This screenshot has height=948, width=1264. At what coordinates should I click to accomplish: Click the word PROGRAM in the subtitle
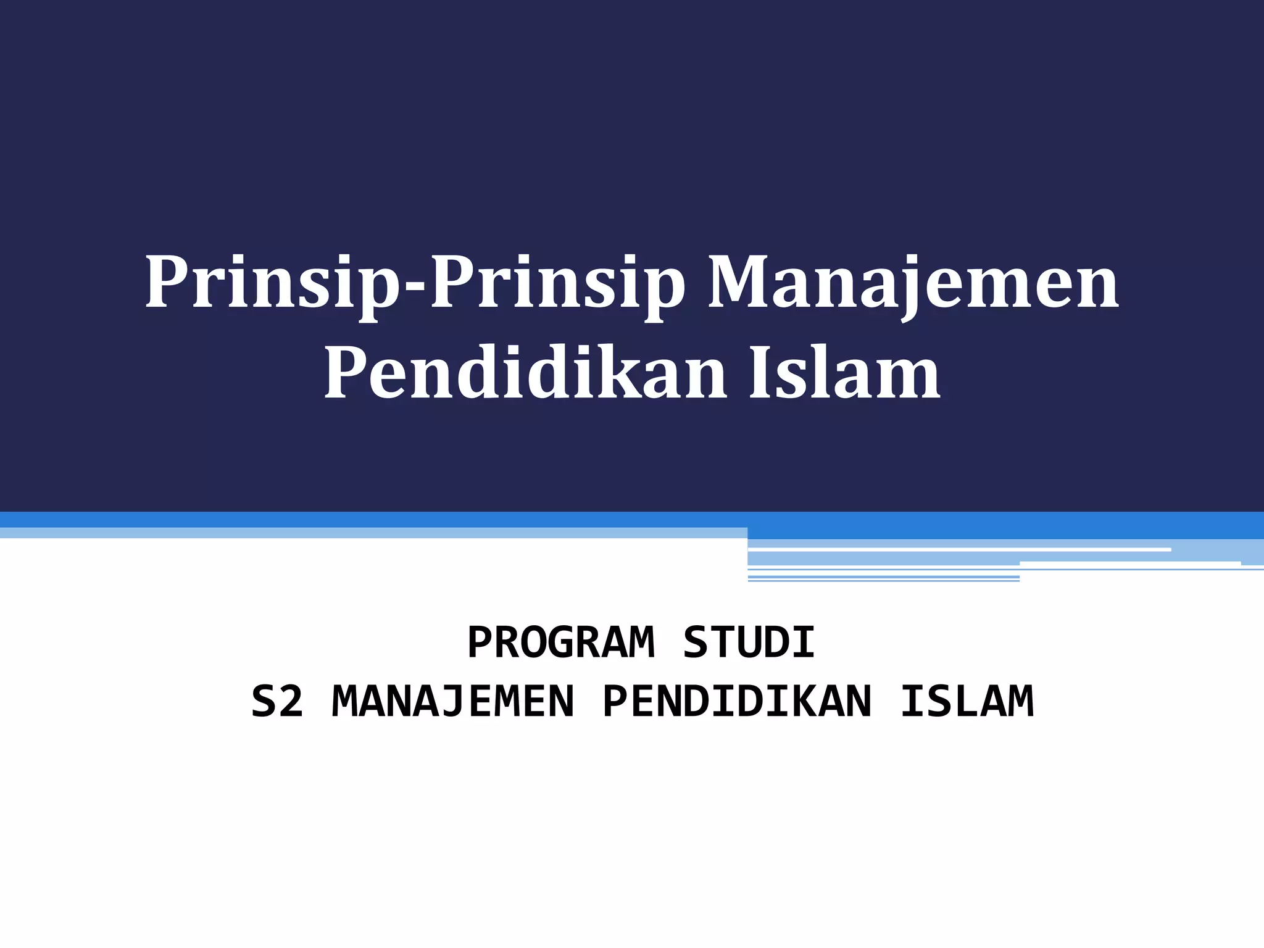[560, 642]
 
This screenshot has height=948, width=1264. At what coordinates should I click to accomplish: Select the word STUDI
[749, 642]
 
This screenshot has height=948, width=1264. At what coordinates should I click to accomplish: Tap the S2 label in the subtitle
[277, 702]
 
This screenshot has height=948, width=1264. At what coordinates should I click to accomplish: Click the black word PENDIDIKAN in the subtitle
[737, 702]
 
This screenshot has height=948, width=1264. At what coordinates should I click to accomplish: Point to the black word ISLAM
[967, 702]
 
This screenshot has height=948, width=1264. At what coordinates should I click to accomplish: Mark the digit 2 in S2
[291, 702]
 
